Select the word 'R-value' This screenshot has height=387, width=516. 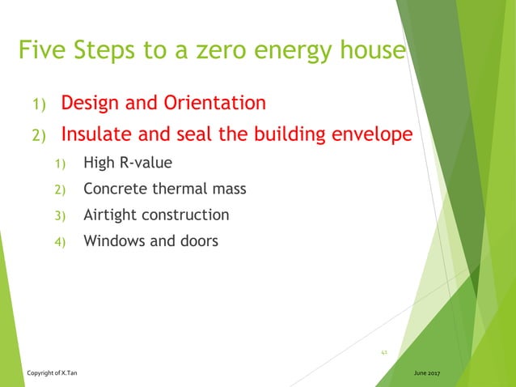[x=146, y=164]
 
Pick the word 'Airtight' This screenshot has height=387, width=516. [x=111, y=215]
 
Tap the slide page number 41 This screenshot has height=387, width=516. [x=384, y=352]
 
